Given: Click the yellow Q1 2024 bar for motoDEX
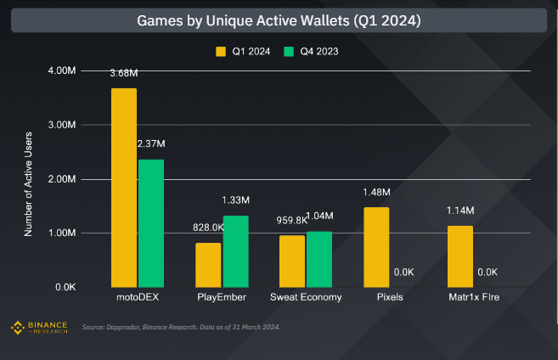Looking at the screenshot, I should [x=123, y=188].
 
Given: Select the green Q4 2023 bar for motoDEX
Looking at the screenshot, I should [x=151, y=223].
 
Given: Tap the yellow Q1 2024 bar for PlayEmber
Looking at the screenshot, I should [x=208, y=265].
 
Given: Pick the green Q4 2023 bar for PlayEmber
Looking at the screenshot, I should [x=235, y=251].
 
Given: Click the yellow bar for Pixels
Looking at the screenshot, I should [x=376, y=247].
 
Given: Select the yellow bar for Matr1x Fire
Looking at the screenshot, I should [x=460, y=256].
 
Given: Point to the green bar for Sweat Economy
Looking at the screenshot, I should [x=319, y=259].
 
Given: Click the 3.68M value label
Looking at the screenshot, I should [x=124, y=74].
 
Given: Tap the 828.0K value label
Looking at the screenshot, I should [x=208, y=228].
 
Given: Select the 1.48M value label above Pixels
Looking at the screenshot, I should [x=375, y=193].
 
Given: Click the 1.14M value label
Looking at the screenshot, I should [x=460, y=211].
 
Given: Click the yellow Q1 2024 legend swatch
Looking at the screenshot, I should [x=220, y=52].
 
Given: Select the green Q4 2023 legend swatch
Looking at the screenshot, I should [x=289, y=52].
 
